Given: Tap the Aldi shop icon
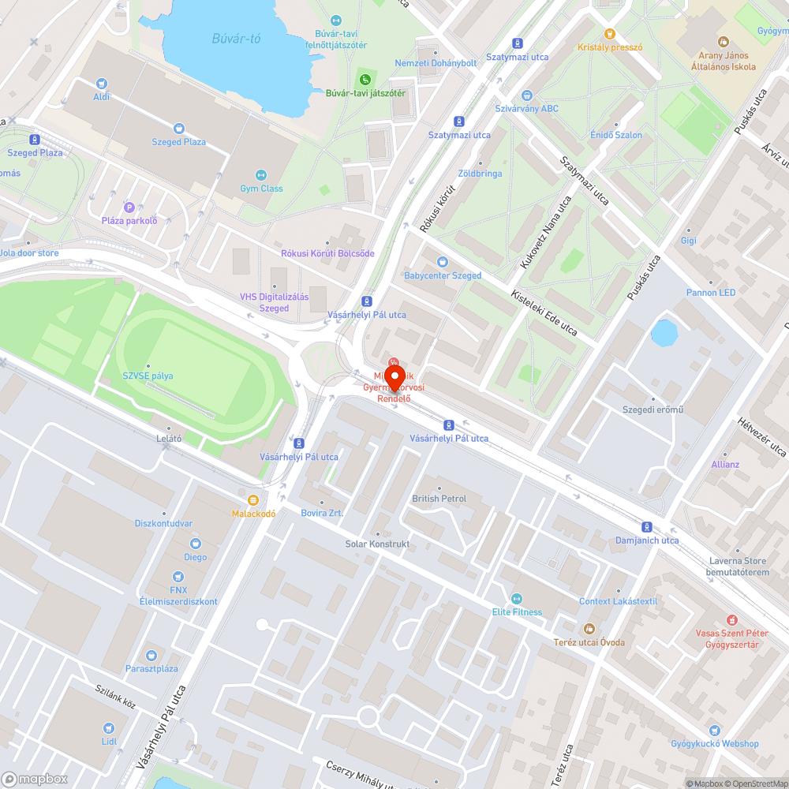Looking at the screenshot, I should pyautogui.click(x=101, y=84).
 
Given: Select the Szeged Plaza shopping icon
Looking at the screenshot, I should pyautogui.click(x=179, y=129).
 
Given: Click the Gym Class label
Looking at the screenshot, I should pyautogui.click(x=261, y=189).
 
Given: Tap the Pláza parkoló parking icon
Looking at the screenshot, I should pyautogui.click(x=129, y=208).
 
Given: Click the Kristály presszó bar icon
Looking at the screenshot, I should pyautogui.click(x=609, y=34).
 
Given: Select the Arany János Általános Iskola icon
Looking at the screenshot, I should pyautogui.click(x=723, y=42).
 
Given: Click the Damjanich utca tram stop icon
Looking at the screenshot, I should pyautogui.click(x=647, y=527).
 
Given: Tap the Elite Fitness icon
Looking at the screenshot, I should pyautogui.click(x=517, y=599).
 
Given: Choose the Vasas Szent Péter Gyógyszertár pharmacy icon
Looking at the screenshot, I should pyautogui.click(x=732, y=619).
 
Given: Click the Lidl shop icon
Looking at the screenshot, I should pyautogui.click(x=109, y=728).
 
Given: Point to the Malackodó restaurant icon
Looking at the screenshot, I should pyautogui.click(x=252, y=500).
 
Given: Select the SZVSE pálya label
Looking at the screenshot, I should pyautogui.click(x=148, y=376).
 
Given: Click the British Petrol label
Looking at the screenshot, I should pyautogui.click(x=439, y=499).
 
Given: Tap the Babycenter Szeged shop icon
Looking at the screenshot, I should pyautogui.click(x=442, y=262).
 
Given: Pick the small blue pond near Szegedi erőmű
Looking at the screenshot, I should pyautogui.click(x=664, y=332).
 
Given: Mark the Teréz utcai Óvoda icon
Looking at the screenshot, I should pyautogui.click(x=589, y=629).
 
